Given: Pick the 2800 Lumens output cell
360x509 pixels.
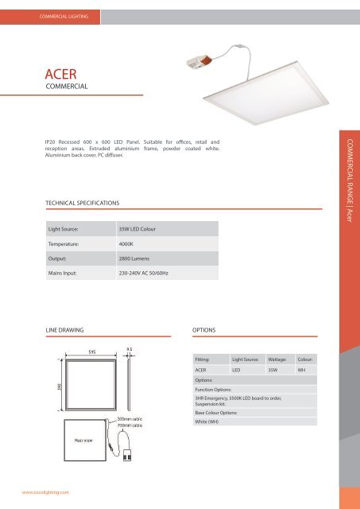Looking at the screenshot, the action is [136, 259].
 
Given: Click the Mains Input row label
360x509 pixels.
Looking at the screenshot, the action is [67, 274].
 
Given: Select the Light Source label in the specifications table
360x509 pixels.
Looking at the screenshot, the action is [68, 229].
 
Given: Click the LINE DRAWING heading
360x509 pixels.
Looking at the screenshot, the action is [65, 328].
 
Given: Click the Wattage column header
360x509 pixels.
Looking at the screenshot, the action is [282, 360].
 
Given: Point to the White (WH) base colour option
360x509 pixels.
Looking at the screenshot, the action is [208, 422].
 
